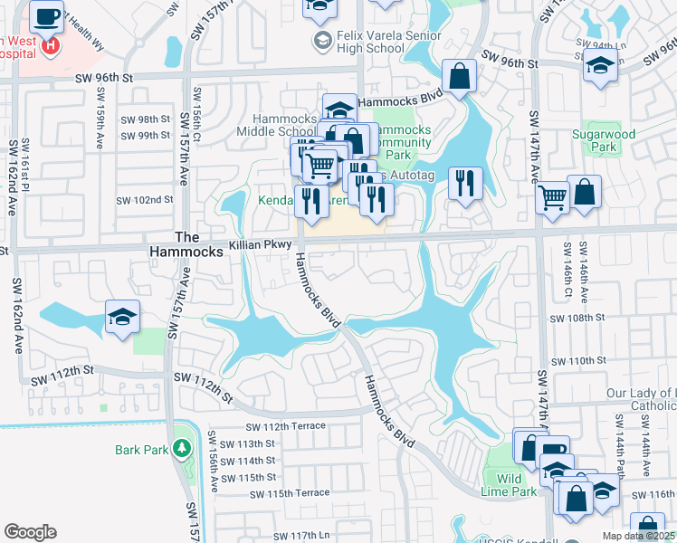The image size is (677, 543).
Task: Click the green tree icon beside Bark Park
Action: click(x=181, y=448)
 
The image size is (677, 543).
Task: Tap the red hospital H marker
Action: click(x=53, y=44)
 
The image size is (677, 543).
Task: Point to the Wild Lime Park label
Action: click(x=510, y=486)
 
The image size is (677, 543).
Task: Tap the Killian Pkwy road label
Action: click(x=266, y=244)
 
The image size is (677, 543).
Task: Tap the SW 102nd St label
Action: click(x=145, y=200)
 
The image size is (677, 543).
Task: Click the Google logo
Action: click(x=30, y=532)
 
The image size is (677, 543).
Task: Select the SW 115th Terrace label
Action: click(x=290, y=492)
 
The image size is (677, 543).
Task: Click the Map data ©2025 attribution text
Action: click(x=636, y=536)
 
